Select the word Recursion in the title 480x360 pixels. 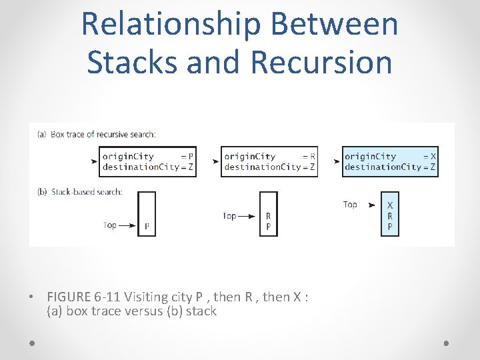tap(321, 61)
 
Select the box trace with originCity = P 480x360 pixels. tap(147, 161)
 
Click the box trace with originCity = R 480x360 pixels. tap(269, 161)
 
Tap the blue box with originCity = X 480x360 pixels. tap(390, 161)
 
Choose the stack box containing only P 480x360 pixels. tap(147, 214)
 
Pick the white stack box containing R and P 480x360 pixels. tap(268, 214)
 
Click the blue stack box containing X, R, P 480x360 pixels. tap(389, 214)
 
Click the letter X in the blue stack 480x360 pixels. tap(390, 205)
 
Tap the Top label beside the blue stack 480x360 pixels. tap(350, 204)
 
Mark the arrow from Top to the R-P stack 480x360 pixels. tap(247, 216)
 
